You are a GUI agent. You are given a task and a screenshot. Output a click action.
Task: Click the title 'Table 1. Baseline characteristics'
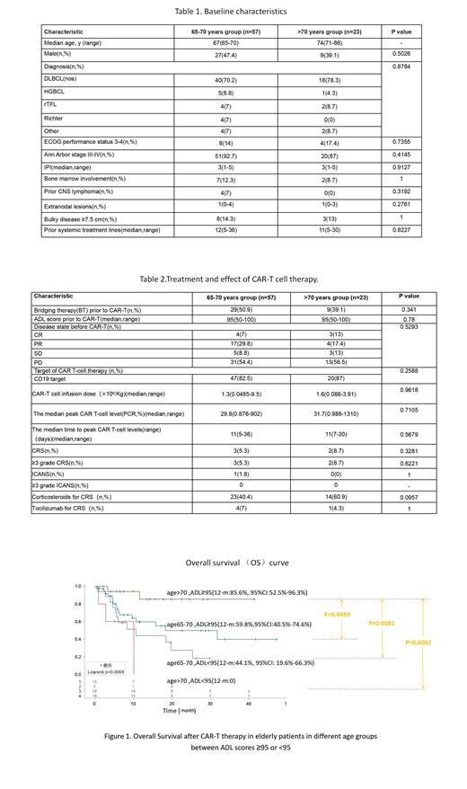pos(232,12)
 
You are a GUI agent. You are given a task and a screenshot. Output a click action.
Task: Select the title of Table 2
pos(232,279)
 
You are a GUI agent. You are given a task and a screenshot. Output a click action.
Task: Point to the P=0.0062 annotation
pos(419,643)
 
